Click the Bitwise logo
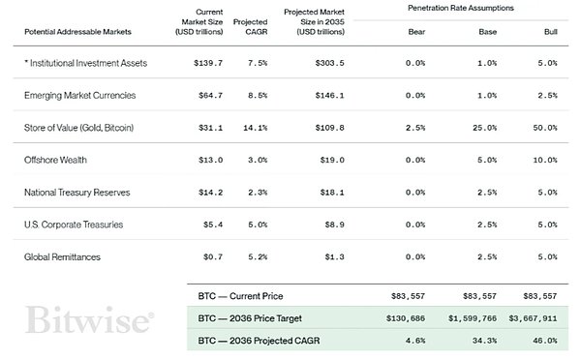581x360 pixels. click(x=89, y=319)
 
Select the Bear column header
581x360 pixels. click(x=416, y=32)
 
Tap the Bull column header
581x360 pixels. click(x=551, y=32)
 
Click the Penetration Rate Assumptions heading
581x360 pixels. click(x=461, y=8)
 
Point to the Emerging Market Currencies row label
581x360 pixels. click(x=80, y=95)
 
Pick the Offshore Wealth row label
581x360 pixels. click(x=55, y=160)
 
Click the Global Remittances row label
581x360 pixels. click(x=62, y=257)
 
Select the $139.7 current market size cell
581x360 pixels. click(x=208, y=63)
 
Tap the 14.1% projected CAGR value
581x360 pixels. click(x=256, y=128)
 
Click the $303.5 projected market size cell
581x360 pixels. click(x=330, y=63)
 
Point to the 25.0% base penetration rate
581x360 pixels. click(x=485, y=128)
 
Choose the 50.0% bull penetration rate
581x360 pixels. click(x=545, y=128)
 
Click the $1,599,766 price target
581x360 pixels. click(x=473, y=318)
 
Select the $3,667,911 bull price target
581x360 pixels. click(x=533, y=318)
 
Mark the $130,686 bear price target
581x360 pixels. click(x=406, y=318)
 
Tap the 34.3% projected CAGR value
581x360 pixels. click(x=485, y=341)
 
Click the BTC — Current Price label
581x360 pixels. click(x=240, y=296)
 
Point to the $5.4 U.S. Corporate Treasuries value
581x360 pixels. click(x=213, y=225)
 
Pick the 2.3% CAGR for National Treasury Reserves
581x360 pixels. click(x=258, y=193)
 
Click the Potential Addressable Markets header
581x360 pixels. click(x=77, y=32)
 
